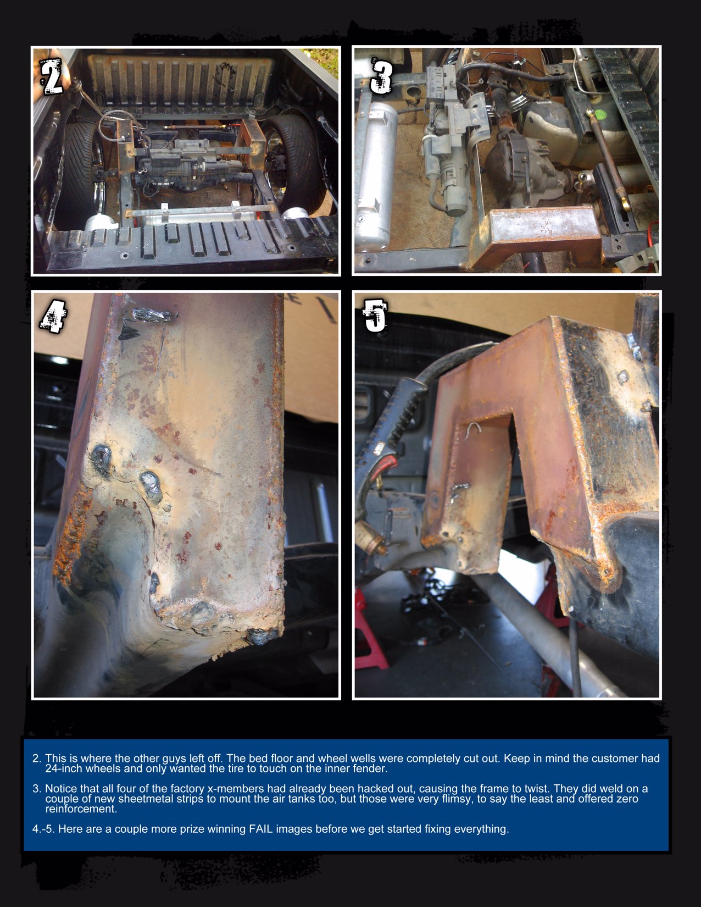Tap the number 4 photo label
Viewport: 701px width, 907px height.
pos(54,317)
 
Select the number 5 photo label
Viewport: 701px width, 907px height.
pos(375,317)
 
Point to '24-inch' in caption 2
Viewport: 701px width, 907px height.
pos(64,768)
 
